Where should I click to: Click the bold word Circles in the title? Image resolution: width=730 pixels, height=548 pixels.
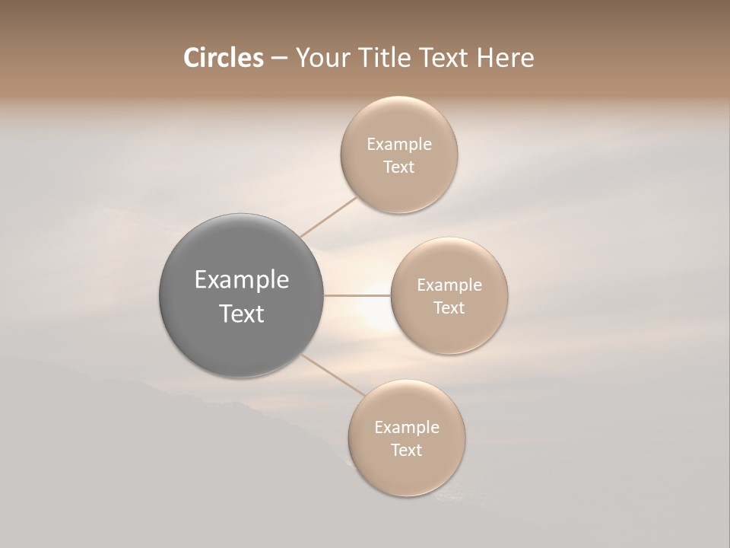tap(224, 58)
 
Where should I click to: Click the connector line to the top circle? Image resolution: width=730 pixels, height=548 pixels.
tap(328, 216)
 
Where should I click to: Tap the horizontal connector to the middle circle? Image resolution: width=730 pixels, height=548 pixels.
tap(357, 295)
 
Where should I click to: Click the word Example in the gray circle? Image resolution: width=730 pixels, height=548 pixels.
tap(242, 280)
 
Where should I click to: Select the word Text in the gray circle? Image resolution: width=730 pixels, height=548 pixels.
tap(242, 314)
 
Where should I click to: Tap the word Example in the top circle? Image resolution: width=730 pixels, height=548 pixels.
tap(399, 145)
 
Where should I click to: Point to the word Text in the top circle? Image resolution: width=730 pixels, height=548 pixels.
tap(399, 167)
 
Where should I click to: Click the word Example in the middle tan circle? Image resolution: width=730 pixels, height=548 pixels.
tap(449, 285)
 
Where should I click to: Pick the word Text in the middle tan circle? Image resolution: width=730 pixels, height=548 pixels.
tap(449, 308)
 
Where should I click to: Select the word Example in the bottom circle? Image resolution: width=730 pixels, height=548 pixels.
tap(407, 428)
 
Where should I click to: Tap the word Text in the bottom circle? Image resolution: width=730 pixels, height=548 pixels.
tap(407, 451)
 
